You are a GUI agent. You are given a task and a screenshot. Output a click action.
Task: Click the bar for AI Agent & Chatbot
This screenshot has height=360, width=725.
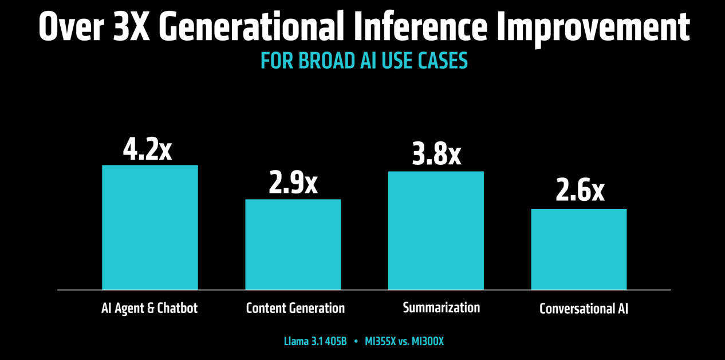(149, 227)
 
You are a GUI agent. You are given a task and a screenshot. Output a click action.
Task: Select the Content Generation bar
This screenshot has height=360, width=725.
(293, 244)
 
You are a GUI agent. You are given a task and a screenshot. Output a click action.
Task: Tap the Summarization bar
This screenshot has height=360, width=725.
(436, 230)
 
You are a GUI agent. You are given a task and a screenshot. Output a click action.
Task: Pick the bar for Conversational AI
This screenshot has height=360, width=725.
(579, 249)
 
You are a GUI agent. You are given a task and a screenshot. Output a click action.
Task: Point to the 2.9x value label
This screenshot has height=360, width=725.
(293, 183)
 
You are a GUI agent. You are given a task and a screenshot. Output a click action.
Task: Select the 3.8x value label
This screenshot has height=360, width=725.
(436, 154)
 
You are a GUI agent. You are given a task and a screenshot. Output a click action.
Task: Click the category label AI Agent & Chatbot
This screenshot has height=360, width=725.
(149, 308)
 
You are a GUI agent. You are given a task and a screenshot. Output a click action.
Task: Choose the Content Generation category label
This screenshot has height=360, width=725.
(295, 308)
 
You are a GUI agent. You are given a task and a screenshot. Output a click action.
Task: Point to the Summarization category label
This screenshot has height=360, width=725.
(442, 307)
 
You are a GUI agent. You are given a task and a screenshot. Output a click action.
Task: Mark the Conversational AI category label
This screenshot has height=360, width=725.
(584, 309)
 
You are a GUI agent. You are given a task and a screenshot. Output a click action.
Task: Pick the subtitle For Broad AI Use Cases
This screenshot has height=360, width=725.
(364, 61)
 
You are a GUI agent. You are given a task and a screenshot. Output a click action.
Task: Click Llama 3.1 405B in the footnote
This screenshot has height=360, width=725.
(315, 342)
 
